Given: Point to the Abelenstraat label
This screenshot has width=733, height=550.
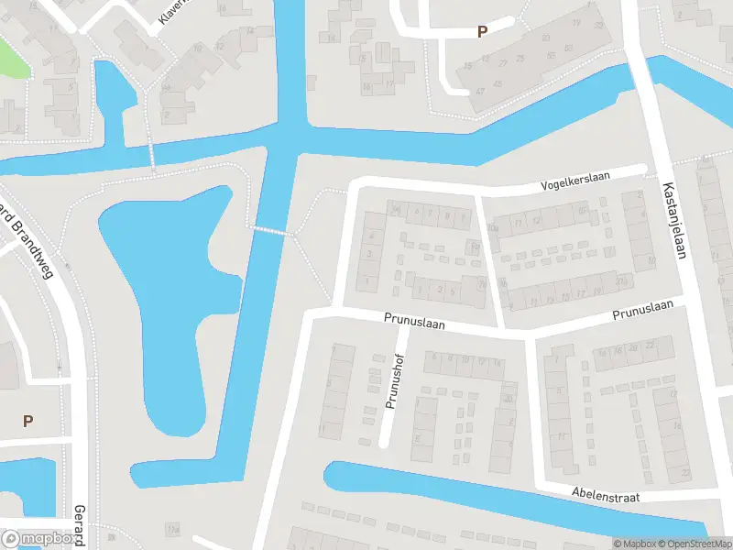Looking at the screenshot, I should coord(605,496).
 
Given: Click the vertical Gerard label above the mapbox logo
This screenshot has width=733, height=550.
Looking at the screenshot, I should coord(80,525).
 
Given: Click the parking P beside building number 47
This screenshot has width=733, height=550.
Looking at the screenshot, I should coord(482,32).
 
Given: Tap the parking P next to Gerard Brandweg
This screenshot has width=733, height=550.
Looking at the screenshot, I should coord(27,421).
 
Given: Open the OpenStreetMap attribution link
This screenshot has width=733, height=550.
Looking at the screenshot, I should coord(696,544).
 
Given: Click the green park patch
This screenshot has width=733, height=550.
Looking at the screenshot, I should coord(11,57).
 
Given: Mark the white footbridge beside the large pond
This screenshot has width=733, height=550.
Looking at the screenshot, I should coord(273,231).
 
